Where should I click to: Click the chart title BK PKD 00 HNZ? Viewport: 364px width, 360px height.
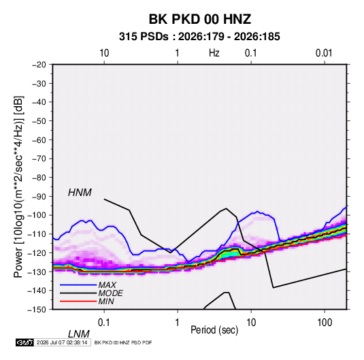coord(199,19)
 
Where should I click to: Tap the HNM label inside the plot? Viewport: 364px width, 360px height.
coord(80,193)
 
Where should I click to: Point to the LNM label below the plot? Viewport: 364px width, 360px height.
coord(78,334)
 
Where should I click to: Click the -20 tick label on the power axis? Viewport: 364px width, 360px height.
coord(39,65)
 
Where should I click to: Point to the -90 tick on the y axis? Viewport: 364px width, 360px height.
coord(39,196)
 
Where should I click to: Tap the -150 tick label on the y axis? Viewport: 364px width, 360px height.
coord(37,310)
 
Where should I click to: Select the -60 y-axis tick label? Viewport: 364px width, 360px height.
coord(39,140)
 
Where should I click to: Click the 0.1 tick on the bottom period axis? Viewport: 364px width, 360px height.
coord(104,323)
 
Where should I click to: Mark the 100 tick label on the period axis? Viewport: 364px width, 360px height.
coord(325,323)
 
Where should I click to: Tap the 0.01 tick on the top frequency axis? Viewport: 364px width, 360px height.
coord(324,53)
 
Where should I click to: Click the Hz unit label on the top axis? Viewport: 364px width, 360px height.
coord(214,53)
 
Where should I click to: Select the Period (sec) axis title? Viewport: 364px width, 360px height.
coord(214,330)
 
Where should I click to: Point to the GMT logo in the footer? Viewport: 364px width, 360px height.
coord(25,342)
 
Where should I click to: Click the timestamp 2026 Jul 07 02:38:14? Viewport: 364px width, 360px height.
coord(62,342)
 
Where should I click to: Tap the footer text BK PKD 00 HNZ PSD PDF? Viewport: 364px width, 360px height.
coord(123,342)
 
